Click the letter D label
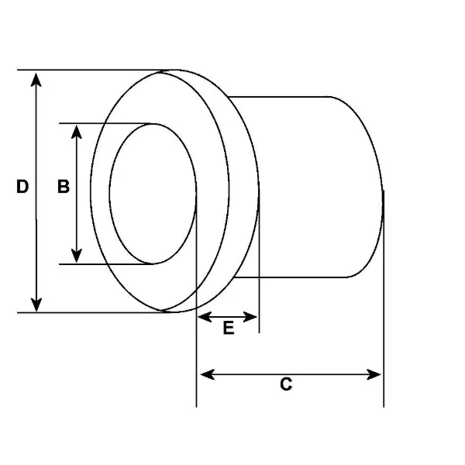click(22, 187)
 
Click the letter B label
click(64, 187)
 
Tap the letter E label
click(229, 328)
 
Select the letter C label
click(286, 384)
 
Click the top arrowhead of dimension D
click(36, 80)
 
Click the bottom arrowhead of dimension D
click(36, 305)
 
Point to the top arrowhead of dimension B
click(77, 132)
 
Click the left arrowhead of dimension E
click(205, 317)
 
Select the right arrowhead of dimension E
click(250, 317)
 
